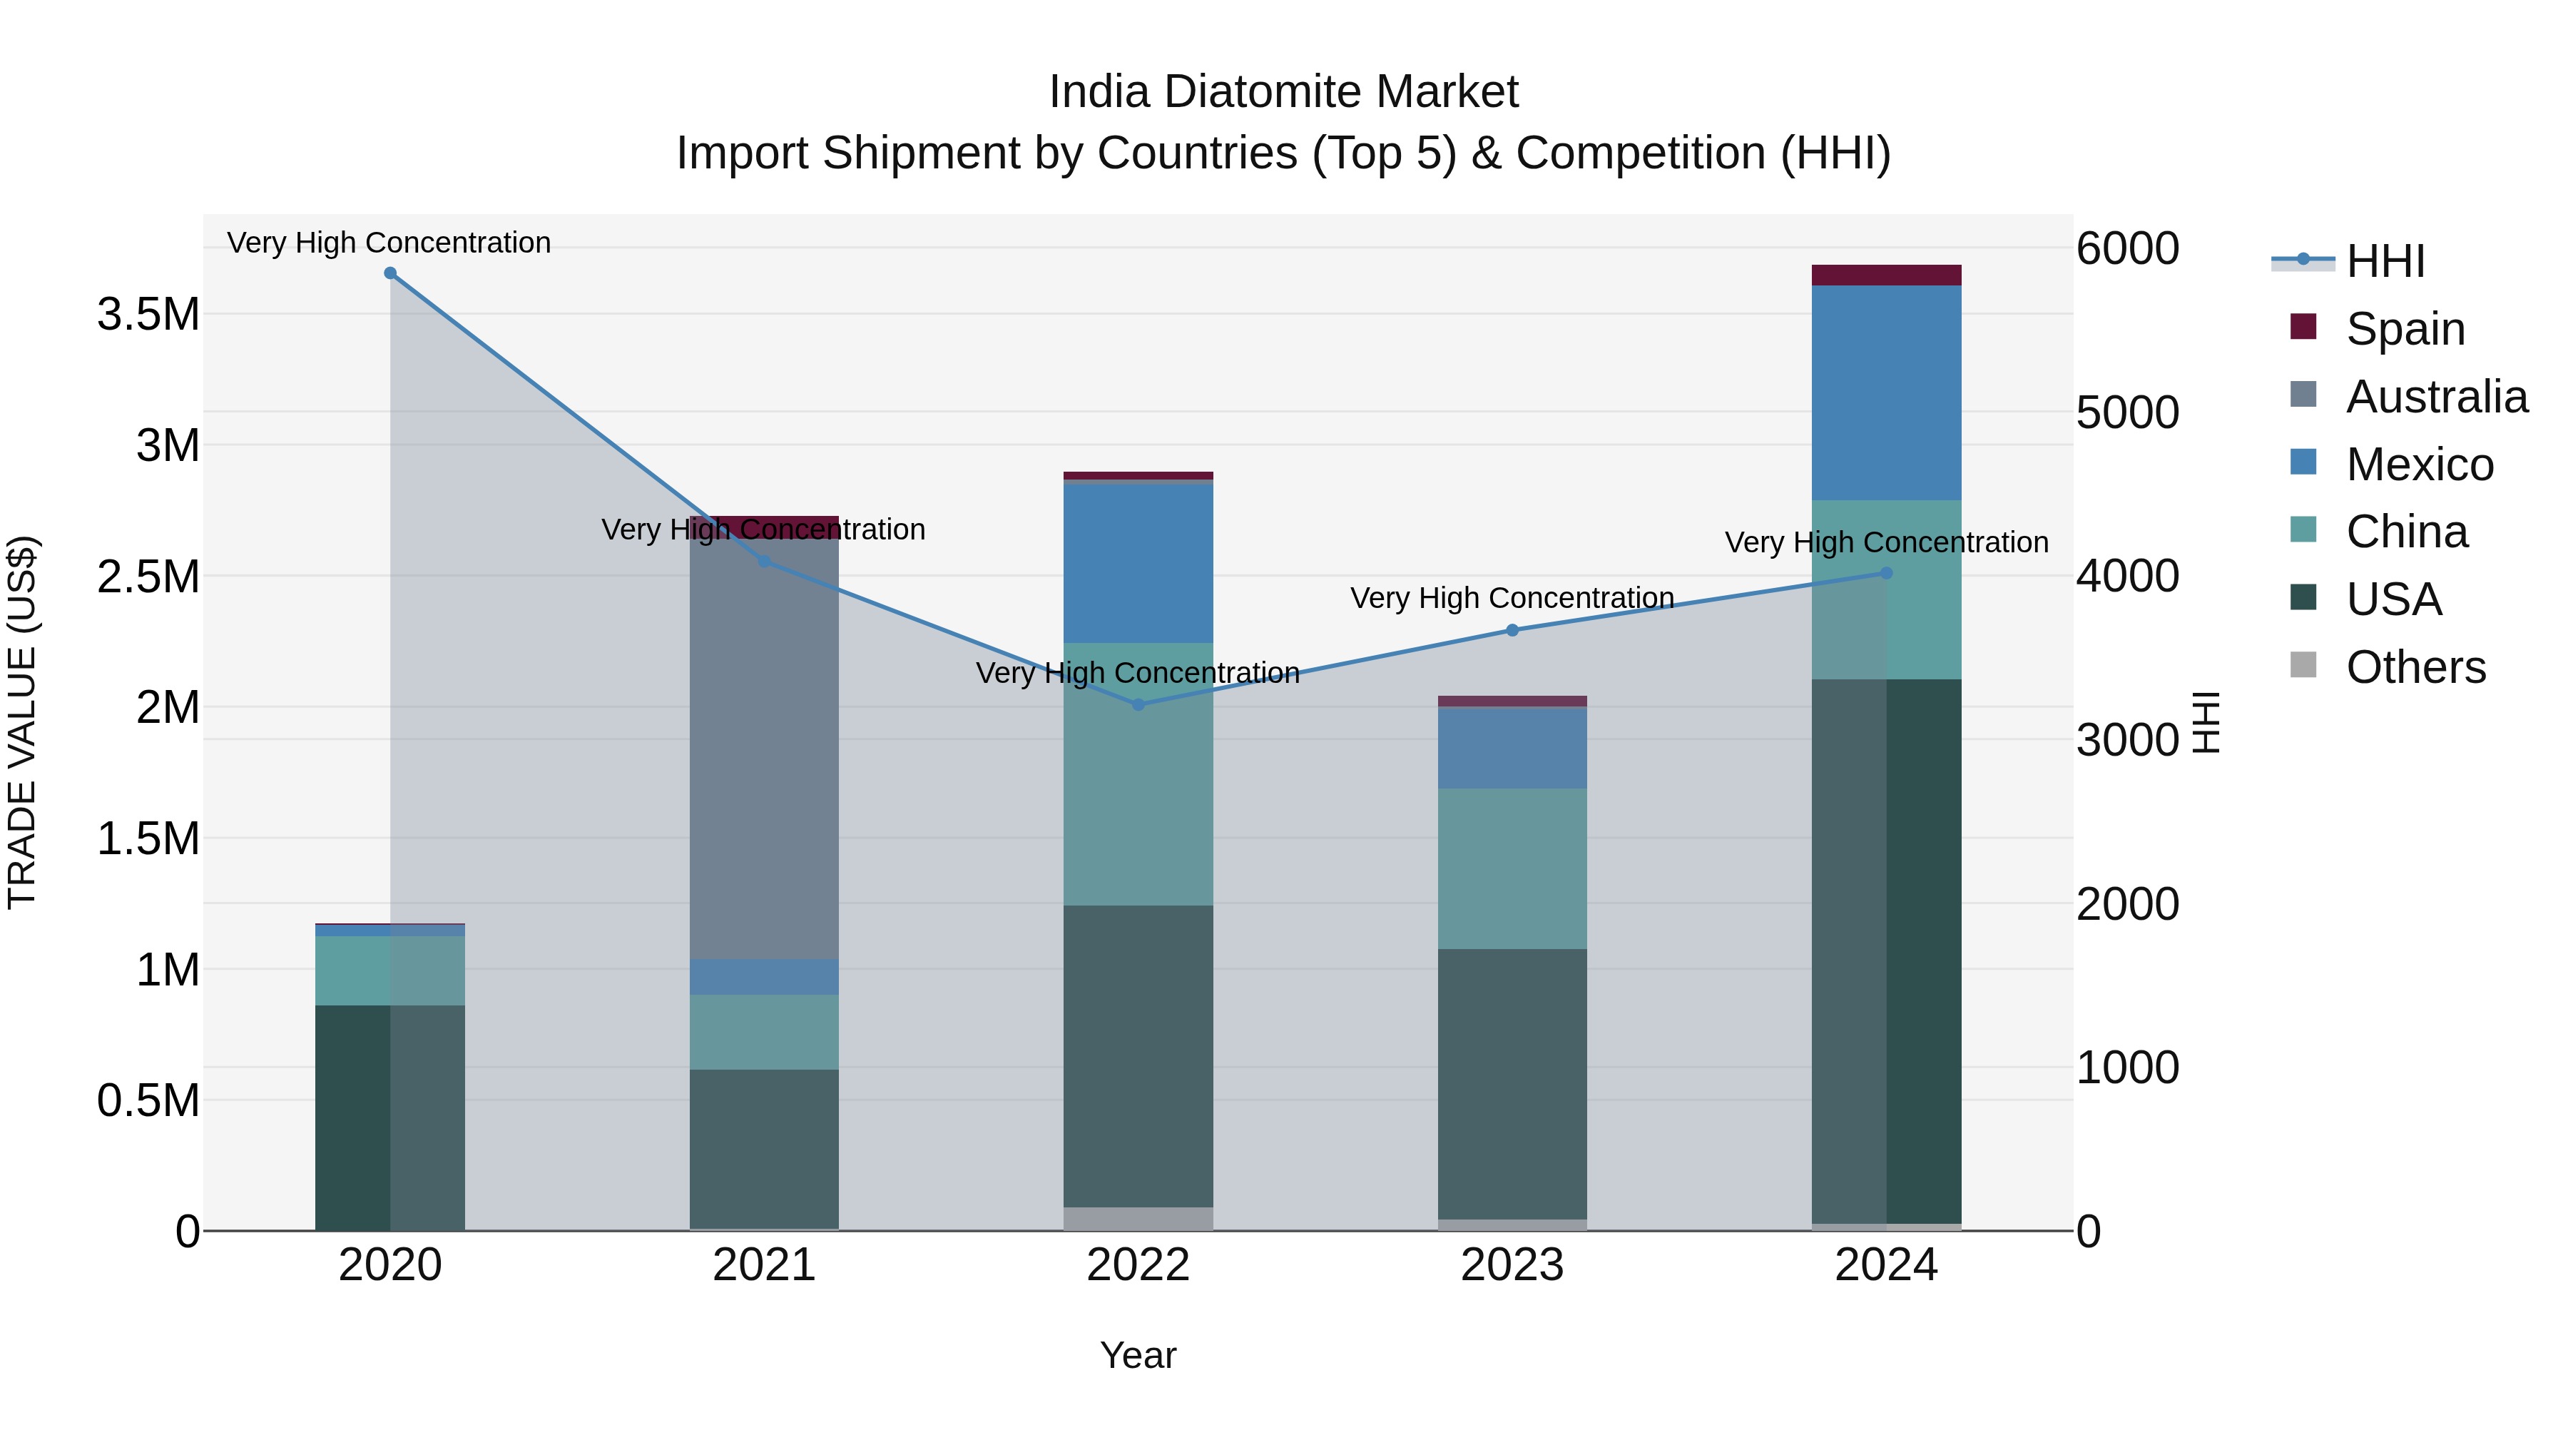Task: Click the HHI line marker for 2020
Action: (389, 273)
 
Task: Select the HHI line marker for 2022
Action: (1138, 704)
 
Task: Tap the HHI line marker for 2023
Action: (1512, 630)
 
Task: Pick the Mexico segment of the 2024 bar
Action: (1886, 393)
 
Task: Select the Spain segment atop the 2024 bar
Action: (1886, 275)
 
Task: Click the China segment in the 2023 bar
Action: (1512, 868)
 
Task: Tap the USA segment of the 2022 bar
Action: (1138, 1056)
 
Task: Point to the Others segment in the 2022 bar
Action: (1138, 1219)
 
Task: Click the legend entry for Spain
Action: (2405, 328)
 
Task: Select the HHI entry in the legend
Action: (2385, 261)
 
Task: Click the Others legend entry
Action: (2415, 667)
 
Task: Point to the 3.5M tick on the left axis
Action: (148, 314)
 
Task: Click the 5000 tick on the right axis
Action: (2127, 413)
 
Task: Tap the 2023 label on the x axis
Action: (1512, 1265)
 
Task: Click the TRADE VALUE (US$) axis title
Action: (23, 722)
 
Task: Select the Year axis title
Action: (1138, 1355)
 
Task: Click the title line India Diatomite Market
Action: (1283, 92)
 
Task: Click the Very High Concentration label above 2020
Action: (389, 243)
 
